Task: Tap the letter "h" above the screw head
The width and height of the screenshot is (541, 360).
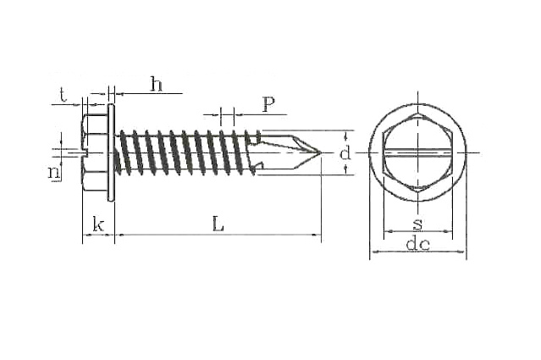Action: coord(156,83)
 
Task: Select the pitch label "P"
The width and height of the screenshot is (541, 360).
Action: coord(268,104)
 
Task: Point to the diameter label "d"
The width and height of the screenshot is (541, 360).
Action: coord(344,153)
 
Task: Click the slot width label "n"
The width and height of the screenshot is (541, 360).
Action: coord(54,172)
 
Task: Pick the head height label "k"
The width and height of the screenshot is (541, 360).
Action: coord(98,224)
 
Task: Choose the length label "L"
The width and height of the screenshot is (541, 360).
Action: coord(218,224)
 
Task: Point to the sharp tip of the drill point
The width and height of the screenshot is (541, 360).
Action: coord(320,153)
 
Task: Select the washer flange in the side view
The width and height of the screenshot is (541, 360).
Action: coord(112,153)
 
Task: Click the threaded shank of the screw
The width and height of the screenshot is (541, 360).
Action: coord(186,153)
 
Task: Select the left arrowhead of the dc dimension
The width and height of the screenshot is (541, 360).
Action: coord(373,252)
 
